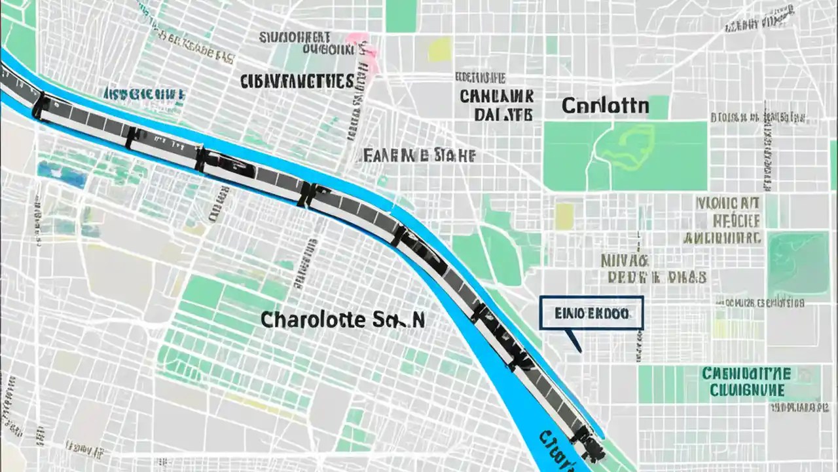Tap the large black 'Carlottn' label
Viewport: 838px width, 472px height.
tap(606, 106)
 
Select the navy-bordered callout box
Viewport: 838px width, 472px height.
tap(591, 313)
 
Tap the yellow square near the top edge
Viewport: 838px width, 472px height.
tap(440, 49)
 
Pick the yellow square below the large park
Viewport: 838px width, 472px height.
tap(564, 216)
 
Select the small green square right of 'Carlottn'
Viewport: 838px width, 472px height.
tap(658, 107)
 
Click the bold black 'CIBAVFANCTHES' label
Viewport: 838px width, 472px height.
tap(297, 81)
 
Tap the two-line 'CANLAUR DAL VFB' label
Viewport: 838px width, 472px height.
tap(496, 105)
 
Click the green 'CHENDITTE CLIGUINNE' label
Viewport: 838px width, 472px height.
tap(746, 382)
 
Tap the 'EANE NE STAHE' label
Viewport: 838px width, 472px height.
tap(419, 155)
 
